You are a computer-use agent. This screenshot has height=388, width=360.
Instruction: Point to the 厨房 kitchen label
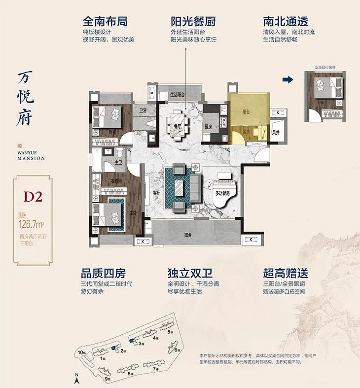click(x=208, y=127)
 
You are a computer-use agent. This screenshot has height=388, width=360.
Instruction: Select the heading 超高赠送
click(x=284, y=273)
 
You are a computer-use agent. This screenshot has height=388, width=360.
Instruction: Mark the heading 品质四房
click(x=103, y=273)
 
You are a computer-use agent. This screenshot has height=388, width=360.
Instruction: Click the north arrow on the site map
click(x=77, y=378)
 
